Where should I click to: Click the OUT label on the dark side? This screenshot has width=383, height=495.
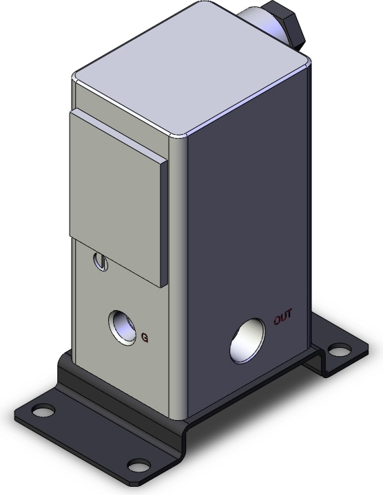(x=282, y=317)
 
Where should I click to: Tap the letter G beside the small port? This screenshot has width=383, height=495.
(x=145, y=338)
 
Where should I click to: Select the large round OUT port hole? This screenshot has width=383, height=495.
(x=247, y=340)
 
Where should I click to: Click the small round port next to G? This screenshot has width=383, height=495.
(x=122, y=327)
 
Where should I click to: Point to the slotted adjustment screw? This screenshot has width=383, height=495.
(x=101, y=261)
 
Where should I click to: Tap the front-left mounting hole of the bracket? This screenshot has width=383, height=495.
(x=43, y=410)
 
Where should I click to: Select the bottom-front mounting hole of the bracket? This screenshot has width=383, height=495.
(x=138, y=465)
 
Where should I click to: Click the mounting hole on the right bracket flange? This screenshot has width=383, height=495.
(x=340, y=350)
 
